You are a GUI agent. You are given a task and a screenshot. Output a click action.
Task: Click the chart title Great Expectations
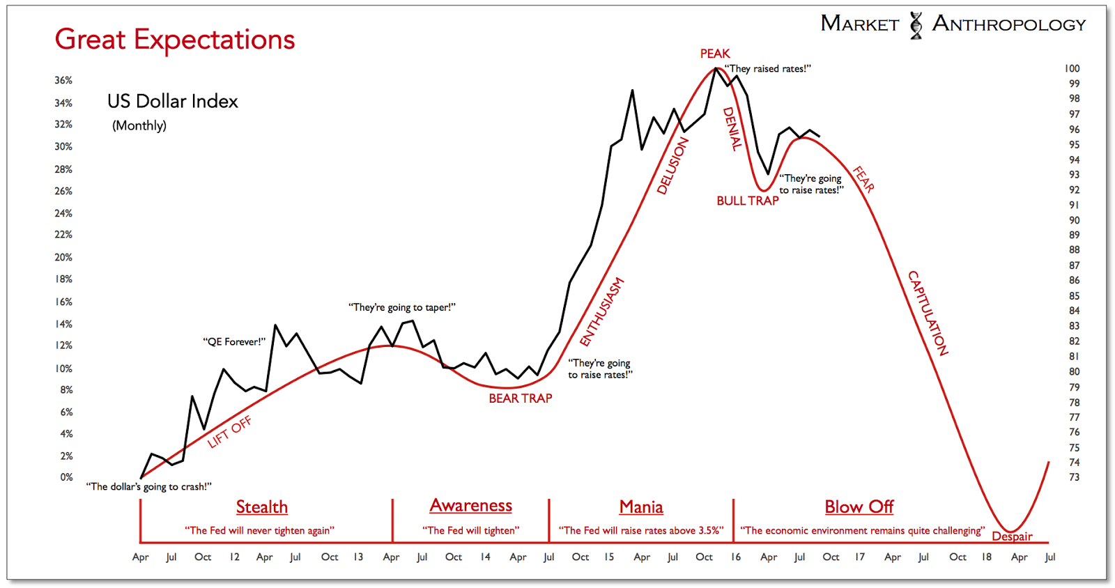click(175, 40)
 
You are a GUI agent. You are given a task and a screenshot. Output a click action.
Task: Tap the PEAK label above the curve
click(715, 54)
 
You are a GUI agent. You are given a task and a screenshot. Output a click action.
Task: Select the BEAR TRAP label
click(520, 399)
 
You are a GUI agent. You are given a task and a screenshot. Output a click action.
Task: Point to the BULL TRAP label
click(747, 201)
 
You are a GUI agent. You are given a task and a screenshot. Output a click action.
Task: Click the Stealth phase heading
click(261, 506)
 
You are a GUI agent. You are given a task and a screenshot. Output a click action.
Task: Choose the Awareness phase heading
click(470, 505)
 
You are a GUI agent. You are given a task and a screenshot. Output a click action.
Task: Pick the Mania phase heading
click(641, 506)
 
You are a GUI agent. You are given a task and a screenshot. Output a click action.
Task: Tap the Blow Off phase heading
click(859, 506)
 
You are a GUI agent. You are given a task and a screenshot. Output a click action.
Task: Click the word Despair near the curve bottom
click(1012, 536)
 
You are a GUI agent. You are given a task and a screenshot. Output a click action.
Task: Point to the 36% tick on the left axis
click(63, 80)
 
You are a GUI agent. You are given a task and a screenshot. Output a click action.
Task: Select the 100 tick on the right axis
click(1072, 68)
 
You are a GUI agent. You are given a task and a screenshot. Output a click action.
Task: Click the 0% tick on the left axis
click(66, 477)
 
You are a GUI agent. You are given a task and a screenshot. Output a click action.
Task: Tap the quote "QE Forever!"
click(234, 341)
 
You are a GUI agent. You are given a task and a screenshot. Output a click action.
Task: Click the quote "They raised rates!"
click(767, 68)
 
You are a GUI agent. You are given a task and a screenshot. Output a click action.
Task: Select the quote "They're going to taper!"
click(402, 307)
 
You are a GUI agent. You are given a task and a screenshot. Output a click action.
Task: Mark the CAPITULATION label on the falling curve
click(928, 313)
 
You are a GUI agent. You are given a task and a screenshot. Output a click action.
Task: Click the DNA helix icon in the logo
click(916, 25)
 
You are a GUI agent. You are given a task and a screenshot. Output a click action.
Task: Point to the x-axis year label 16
click(736, 557)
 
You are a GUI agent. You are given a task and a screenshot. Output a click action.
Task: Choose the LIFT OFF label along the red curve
click(229, 432)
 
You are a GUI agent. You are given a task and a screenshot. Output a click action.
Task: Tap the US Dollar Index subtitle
click(173, 102)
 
